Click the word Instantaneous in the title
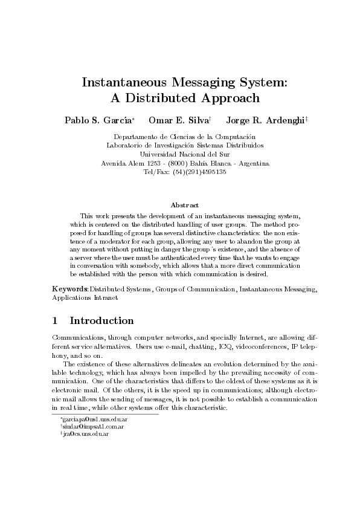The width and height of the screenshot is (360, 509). [121, 82]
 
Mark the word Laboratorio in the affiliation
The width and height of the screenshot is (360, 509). [126, 146]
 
